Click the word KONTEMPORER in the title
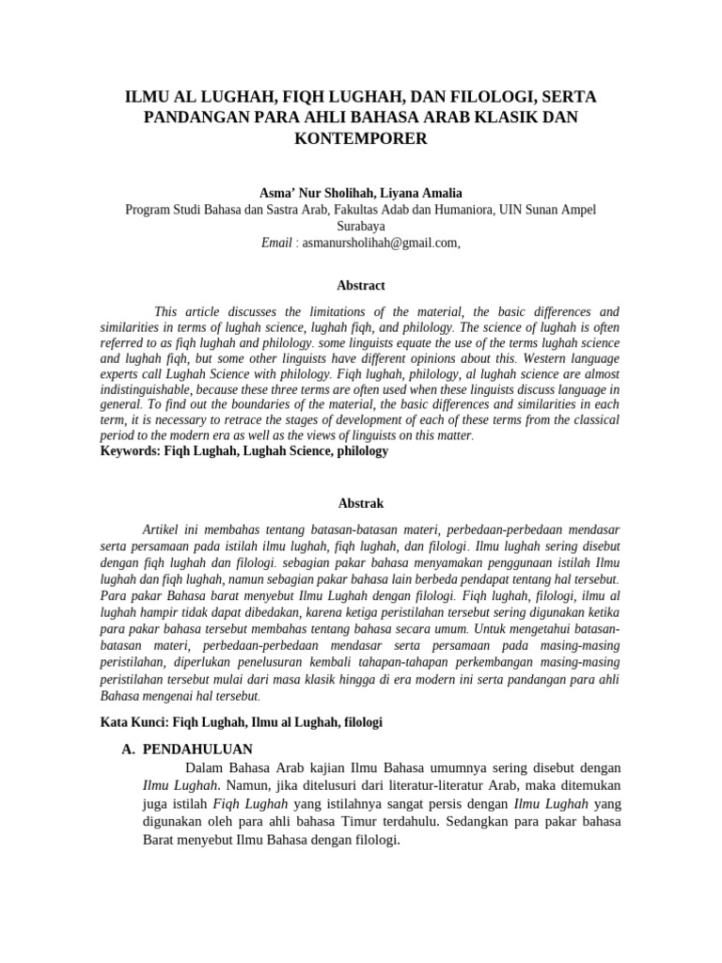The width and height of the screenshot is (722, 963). tap(360, 138)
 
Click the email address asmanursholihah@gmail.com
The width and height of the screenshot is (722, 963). tap(380, 243)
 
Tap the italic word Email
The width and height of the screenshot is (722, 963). tap(276, 243)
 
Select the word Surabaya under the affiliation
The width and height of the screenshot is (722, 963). tap(360, 226)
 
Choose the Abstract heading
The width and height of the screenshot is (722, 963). tap(360, 285)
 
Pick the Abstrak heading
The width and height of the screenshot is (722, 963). tap(360, 503)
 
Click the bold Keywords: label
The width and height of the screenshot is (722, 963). tap(131, 451)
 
